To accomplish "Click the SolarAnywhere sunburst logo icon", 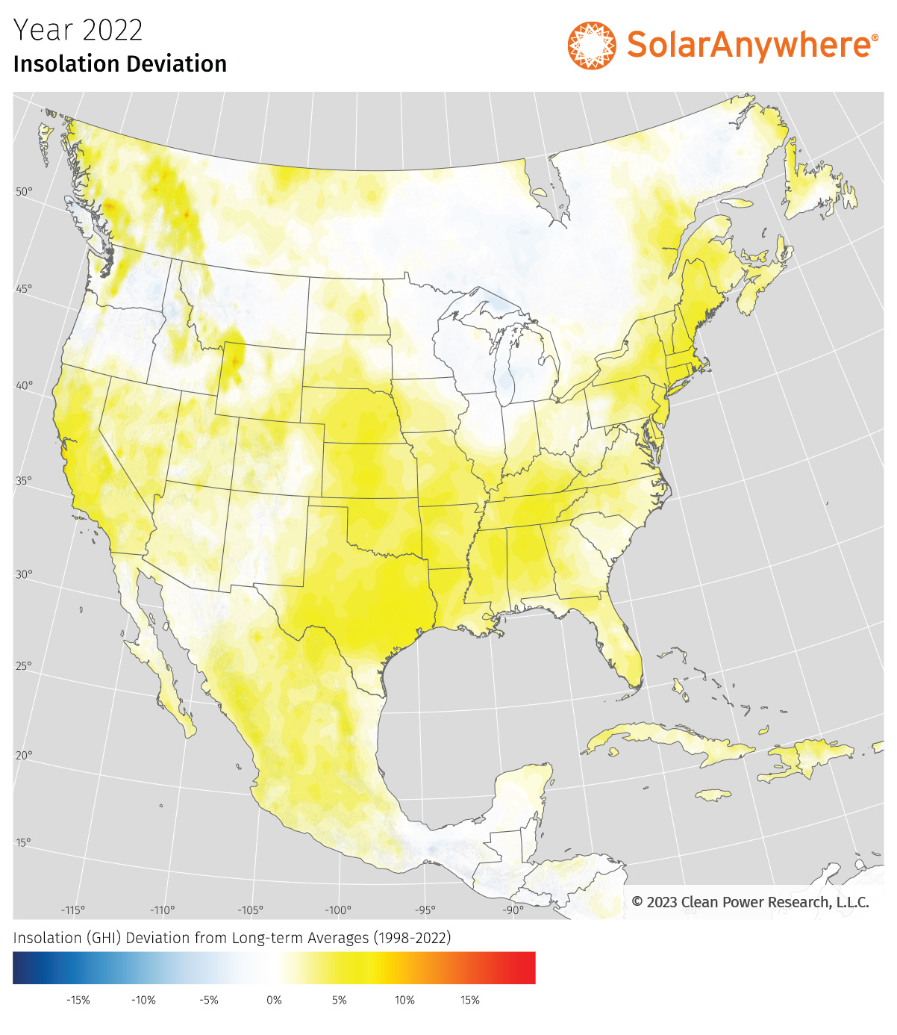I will click(x=592, y=46).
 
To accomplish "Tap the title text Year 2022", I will click(x=78, y=31).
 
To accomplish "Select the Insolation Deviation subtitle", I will click(x=120, y=64).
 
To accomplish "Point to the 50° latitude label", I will click(x=25, y=192).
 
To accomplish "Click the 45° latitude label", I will click(x=25, y=289).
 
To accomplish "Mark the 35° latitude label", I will click(x=25, y=481).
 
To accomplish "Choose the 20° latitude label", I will click(x=25, y=756).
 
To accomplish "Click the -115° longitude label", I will click(x=73, y=910).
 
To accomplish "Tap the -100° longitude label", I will click(x=338, y=910).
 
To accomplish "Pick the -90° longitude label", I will click(x=513, y=910).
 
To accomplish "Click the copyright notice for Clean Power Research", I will click(x=750, y=902).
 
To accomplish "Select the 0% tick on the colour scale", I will click(x=275, y=1000).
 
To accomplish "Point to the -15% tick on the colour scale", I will click(x=78, y=1000).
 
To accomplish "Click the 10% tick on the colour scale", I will click(x=404, y=1000).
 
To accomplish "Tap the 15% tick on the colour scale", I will click(x=470, y=1000).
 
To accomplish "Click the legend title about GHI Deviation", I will click(x=232, y=938).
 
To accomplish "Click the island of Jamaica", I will click(x=713, y=795).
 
